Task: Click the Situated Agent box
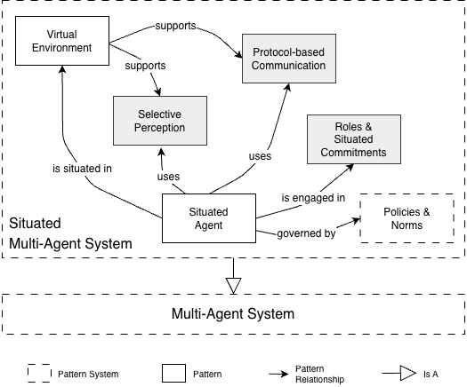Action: tap(210, 217)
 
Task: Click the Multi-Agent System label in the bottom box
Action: tap(231, 313)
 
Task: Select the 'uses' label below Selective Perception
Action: tap(169, 176)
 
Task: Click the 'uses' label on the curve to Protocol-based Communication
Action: tap(260, 157)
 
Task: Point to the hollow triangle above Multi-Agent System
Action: tap(232, 283)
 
